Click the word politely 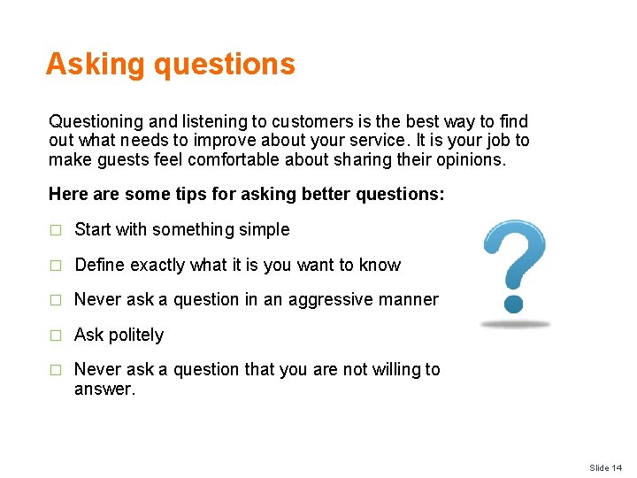point(134,335)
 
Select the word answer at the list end point(102,389)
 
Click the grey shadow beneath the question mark point(516,325)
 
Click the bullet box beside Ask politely point(55,335)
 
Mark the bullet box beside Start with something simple point(55,230)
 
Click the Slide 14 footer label point(606,467)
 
